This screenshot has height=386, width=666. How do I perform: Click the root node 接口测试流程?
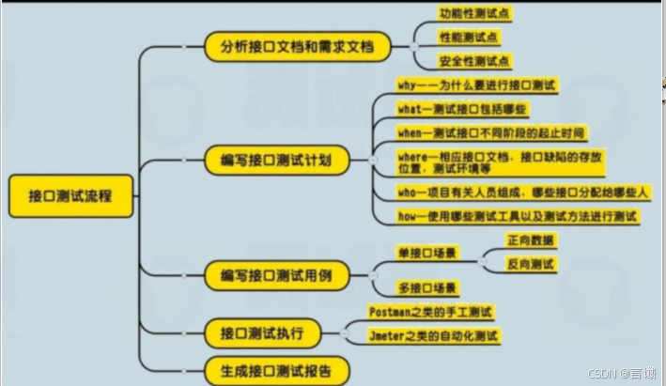(70, 198)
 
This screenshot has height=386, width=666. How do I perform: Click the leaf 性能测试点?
(469, 39)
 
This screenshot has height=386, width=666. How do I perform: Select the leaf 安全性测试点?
(475, 62)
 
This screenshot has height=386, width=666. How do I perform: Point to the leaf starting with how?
(517, 216)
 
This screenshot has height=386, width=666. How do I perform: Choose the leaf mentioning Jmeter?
(432, 335)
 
